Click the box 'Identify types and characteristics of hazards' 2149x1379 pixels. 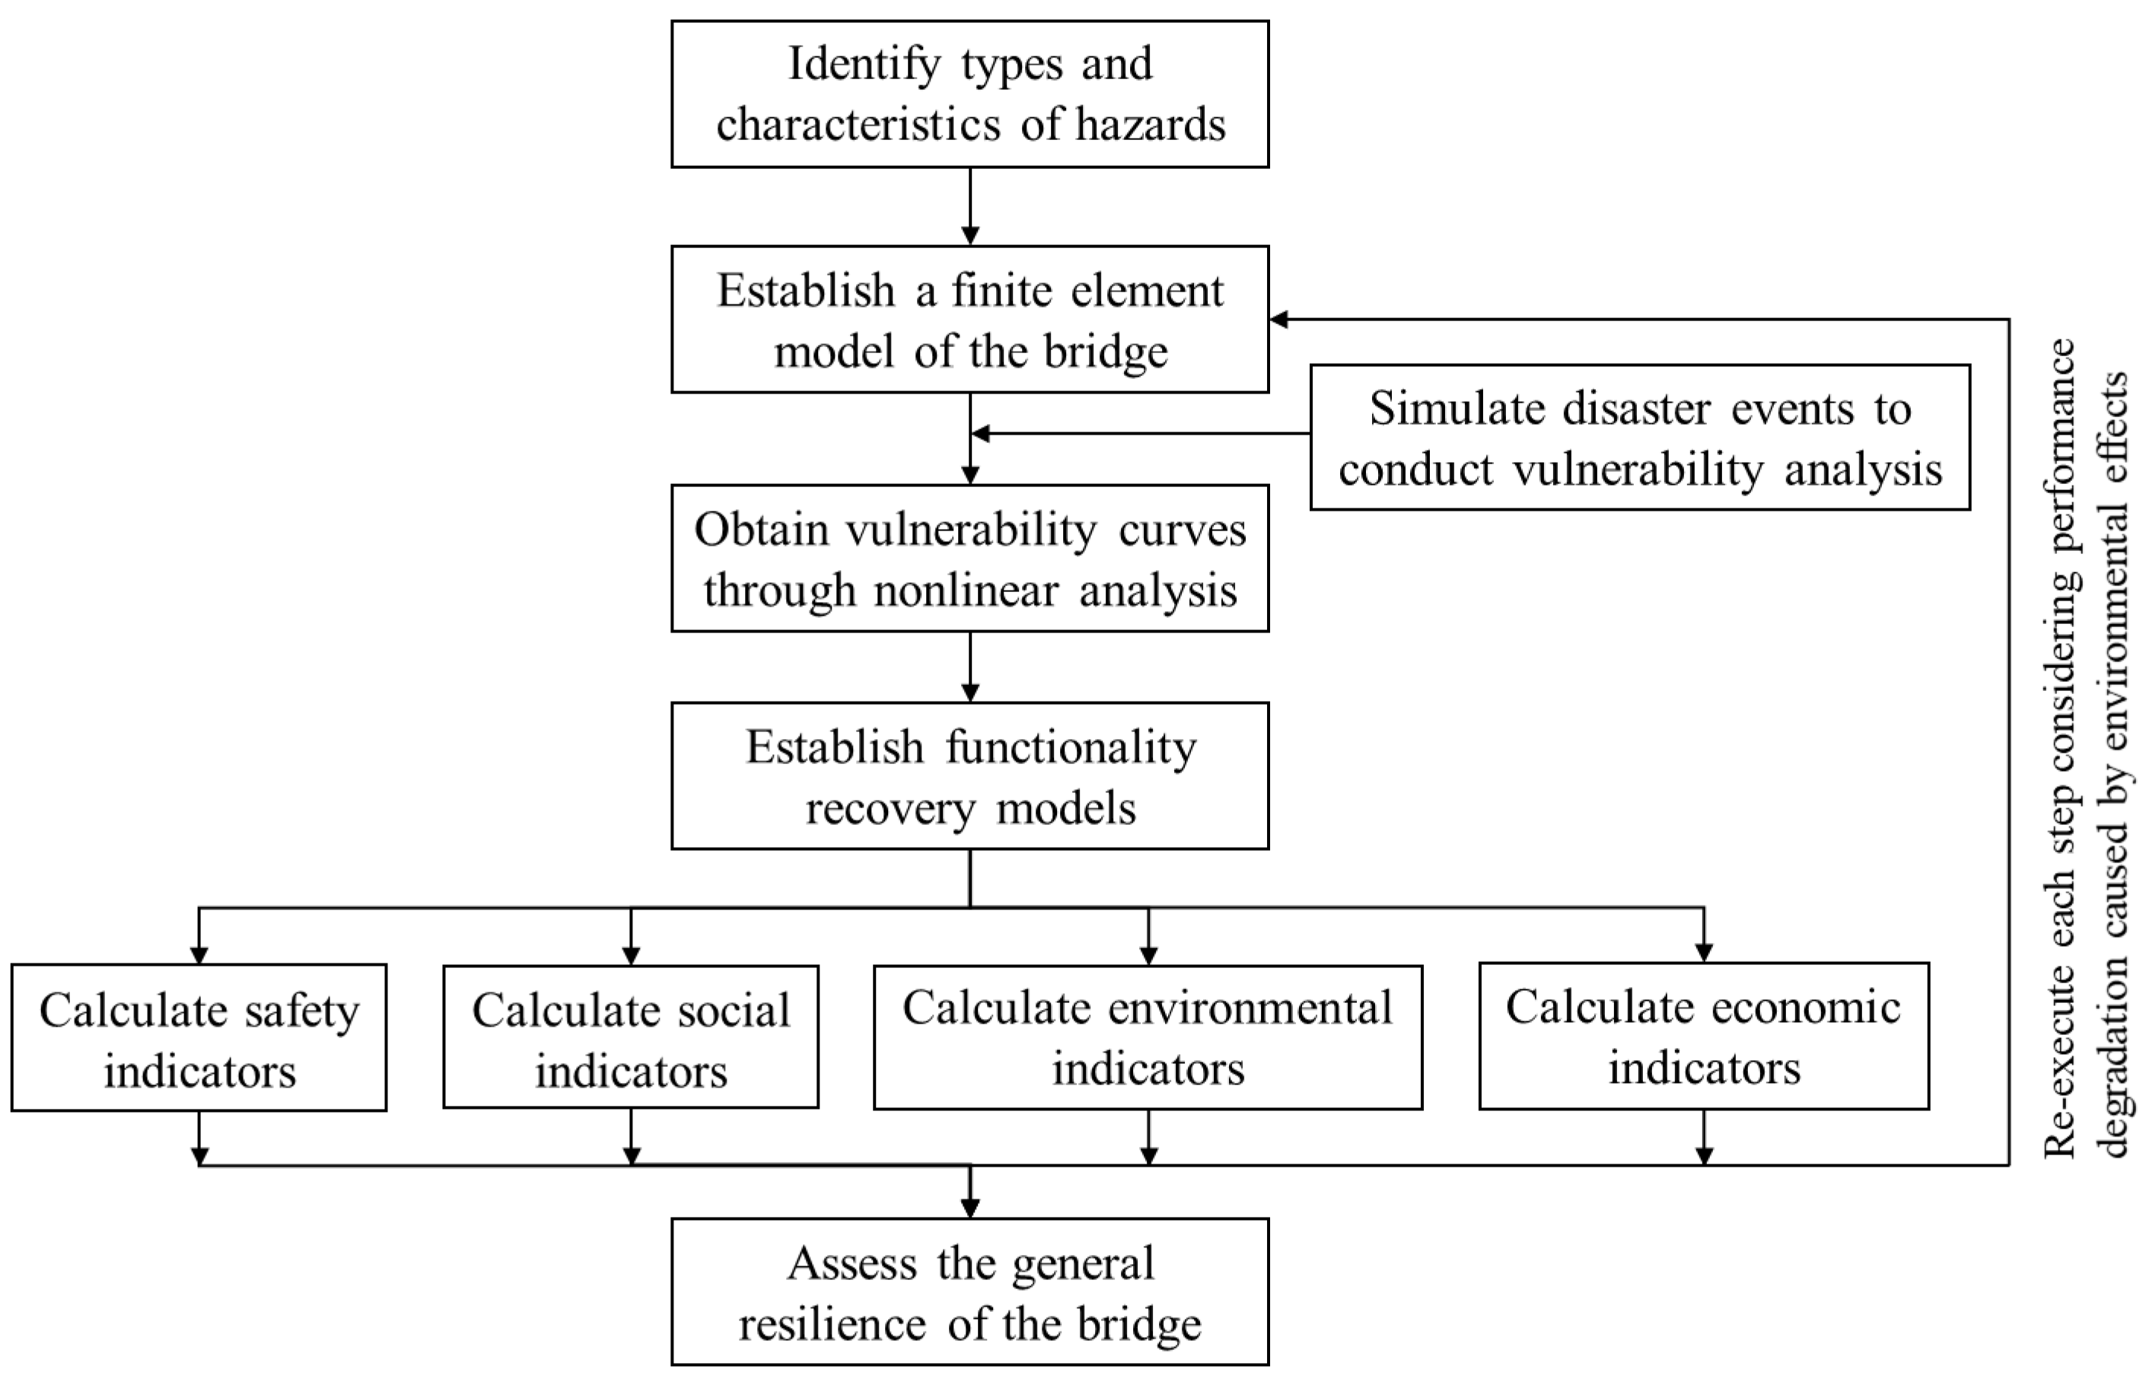(x=969, y=94)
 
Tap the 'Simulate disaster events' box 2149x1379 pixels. (x=1639, y=438)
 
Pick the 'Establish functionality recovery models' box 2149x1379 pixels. (x=969, y=775)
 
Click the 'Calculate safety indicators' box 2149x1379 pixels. (x=199, y=1038)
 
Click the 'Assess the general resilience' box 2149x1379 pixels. (x=969, y=1292)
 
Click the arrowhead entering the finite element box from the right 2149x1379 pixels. (x=1278, y=319)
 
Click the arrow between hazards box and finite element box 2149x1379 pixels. (x=969, y=207)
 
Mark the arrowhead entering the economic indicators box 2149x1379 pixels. (x=1704, y=954)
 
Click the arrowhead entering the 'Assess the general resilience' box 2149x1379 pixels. (x=969, y=1208)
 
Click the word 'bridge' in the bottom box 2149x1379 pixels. (x=1138, y=1323)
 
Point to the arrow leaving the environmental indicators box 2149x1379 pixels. (x=1149, y=1137)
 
